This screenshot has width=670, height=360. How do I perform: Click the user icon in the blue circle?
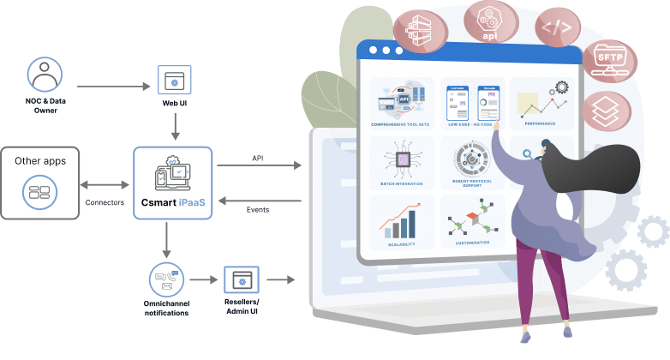(x=44, y=75)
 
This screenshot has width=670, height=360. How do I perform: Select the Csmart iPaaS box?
(x=172, y=183)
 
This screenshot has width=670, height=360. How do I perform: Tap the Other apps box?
(x=39, y=182)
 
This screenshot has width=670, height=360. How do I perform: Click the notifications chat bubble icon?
(x=165, y=280)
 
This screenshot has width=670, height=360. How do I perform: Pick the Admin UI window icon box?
(x=241, y=281)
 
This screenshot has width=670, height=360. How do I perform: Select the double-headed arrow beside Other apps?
(x=105, y=184)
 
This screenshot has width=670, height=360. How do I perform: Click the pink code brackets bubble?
(x=558, y=27)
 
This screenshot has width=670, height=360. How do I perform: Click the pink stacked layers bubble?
(x=607, y=112)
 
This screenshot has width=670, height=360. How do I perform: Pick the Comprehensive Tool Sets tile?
(x=402, y=103)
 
